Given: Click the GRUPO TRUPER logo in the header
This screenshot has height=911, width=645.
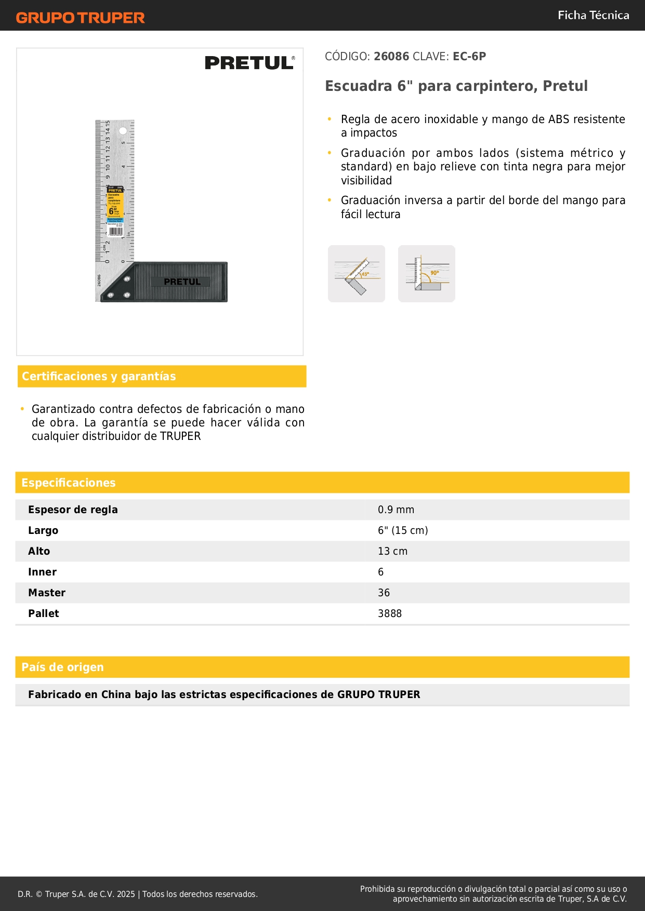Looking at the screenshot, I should [81, 18].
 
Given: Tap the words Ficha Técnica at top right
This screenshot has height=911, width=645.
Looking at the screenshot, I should [593, 15].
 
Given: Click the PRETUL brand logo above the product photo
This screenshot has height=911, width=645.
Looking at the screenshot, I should [249, 63].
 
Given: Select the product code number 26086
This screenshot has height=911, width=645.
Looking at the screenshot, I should [391, 57].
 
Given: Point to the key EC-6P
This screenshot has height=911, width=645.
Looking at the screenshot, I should [469, 57].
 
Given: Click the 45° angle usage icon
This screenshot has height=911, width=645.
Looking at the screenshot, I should [357, 274].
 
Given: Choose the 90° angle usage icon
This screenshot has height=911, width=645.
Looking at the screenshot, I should [427, 274].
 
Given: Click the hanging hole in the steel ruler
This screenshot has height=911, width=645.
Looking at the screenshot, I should [123, 130].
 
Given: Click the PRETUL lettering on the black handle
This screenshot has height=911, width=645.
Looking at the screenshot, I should [182, 282].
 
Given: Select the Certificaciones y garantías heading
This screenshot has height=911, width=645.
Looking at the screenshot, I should [99, 377].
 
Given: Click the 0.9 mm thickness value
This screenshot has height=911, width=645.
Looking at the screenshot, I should [396, 510].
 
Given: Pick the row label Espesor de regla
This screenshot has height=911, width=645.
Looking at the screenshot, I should [73, 510].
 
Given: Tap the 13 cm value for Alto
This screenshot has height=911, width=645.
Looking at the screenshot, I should [392, 552].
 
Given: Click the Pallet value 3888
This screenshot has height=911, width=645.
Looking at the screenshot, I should [390, 614].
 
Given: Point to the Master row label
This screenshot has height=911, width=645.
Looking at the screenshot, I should [47, 593].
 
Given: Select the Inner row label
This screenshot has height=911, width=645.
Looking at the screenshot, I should [42, 572].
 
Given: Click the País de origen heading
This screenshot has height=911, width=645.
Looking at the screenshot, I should [62, 667].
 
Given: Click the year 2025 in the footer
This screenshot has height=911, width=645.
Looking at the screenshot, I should [126, 894].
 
